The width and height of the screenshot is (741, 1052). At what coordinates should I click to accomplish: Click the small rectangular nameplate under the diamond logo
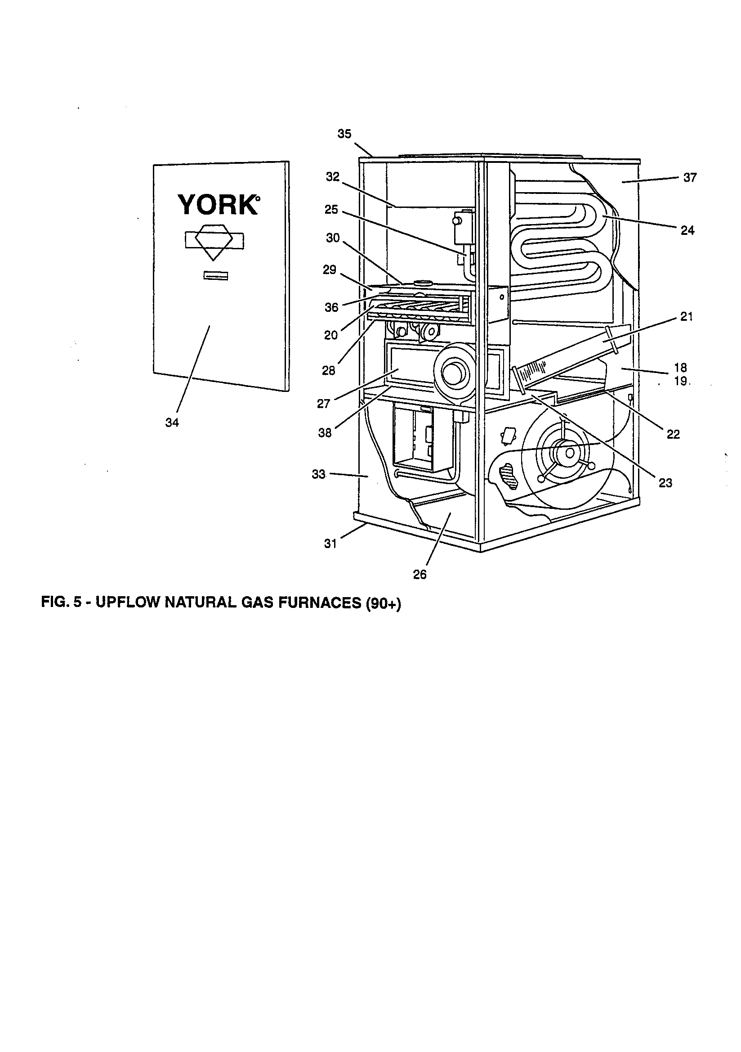pos(216,275)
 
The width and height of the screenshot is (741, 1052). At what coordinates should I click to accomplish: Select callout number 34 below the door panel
pos(172,423)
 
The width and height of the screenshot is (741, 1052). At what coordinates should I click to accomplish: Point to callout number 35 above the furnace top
pos(344,134)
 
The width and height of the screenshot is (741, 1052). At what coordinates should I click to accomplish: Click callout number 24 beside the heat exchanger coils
pos(687,230)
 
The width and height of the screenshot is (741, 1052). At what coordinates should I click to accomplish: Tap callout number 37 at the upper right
pos(690,177)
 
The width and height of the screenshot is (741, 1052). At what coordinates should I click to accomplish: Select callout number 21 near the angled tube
pos(686,316)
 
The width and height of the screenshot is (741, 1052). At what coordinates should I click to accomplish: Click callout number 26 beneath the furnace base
pos(420,575)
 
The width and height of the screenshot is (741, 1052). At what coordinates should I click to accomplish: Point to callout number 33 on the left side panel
pos(318,474)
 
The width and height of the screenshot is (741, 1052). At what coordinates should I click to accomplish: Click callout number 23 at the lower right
pos(665,482)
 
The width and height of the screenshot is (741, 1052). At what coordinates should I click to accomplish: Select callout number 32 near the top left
pos(332,177)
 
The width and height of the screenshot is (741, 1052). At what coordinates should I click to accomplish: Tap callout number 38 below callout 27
pos(325,432)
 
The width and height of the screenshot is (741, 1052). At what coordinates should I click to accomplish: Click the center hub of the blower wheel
pos(569,453)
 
